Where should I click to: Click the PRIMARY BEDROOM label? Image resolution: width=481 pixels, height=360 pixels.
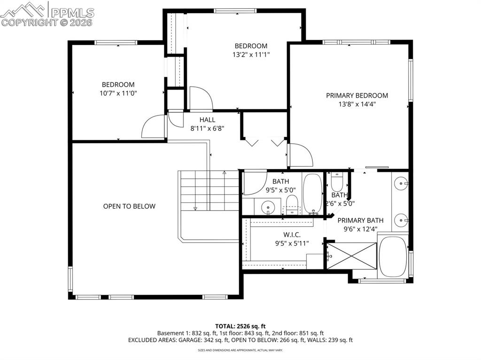(x=357, y=95)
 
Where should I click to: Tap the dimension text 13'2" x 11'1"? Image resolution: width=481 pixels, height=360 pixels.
(x=251, y=54)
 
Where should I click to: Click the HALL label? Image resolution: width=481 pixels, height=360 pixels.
(x=207, y=120)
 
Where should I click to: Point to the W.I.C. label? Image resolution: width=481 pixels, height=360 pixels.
(x=292, y=234)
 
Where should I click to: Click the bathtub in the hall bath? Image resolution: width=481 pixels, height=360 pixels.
(x=312, y=193)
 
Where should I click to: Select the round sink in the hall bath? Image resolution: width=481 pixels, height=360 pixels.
(x=268, y=206)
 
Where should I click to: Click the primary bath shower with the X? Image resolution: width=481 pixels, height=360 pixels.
(x=352, y=256)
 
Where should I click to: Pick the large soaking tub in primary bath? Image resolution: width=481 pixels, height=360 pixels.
(x=393, y=257)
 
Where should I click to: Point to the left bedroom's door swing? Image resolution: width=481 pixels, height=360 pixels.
(x=153, y=127)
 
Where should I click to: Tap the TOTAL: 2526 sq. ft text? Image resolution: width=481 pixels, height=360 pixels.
(x=240, y=326)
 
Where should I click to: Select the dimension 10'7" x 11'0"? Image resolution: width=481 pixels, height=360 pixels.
(x=118, y=93)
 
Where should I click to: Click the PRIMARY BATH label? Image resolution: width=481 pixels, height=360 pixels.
(x=360, y=220)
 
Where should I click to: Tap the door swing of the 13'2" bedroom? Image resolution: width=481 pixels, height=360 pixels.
(x=201, y=98)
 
